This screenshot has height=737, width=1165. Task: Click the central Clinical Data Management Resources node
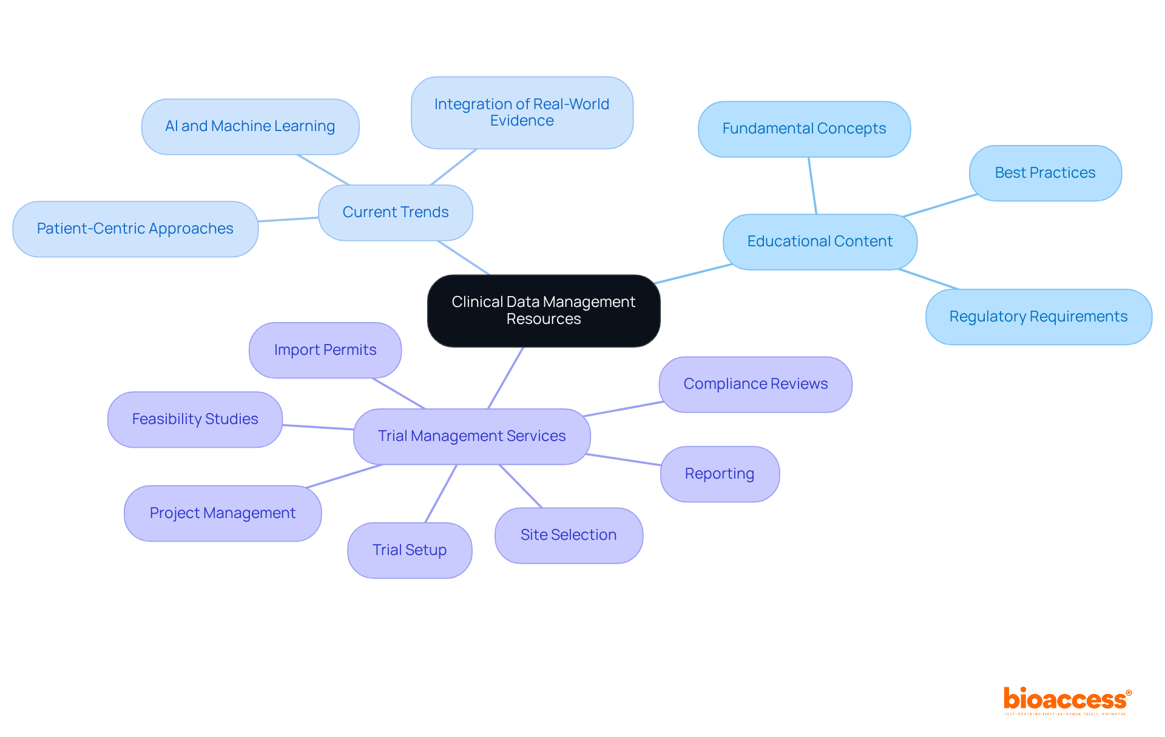[544, 311]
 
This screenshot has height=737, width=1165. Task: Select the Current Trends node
[396, 212]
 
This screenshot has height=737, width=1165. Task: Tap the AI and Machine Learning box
[250, 126]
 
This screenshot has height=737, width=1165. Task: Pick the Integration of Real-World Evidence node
[522, 113]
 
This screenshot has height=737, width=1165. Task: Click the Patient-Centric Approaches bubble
[135, 229]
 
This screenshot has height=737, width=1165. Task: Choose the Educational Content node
[820, 241]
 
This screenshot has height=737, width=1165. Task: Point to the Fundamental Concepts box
[804, 129]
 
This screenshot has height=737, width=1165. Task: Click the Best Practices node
[1045, 173]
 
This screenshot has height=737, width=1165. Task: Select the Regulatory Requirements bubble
[1038, 317]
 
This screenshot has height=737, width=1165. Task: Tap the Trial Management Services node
[471, 436]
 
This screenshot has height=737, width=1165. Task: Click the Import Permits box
[325, 350]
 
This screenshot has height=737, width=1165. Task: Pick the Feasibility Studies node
[195, 419]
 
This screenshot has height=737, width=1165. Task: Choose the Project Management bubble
[223, 513]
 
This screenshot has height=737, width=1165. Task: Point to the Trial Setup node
[410, 550]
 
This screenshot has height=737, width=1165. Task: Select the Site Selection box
[569, 535]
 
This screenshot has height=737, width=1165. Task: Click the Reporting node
[720, 474]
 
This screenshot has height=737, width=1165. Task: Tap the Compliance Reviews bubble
[755, 384]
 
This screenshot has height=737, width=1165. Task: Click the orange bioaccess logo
[1067, 700]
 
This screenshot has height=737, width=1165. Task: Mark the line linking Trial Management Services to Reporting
[624, 460]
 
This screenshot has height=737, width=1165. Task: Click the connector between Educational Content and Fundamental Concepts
[812, 186]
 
